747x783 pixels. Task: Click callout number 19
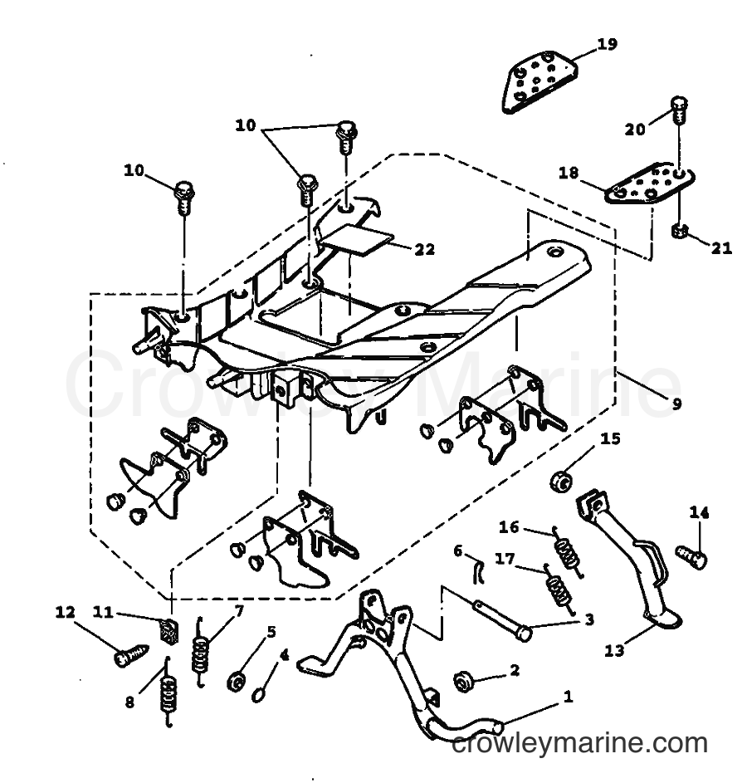607,44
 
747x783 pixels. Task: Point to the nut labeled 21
680,231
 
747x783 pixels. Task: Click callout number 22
425,248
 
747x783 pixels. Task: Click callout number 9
676,403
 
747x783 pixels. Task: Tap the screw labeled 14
691,555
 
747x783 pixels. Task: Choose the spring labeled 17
559,590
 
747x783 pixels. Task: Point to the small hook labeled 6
478,571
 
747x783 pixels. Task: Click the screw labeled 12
132,654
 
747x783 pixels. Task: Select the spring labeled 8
168,693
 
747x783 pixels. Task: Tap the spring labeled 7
200,652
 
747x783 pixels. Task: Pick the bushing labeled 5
235,682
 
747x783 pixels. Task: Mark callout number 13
613,651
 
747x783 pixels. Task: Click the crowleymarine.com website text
579,743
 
